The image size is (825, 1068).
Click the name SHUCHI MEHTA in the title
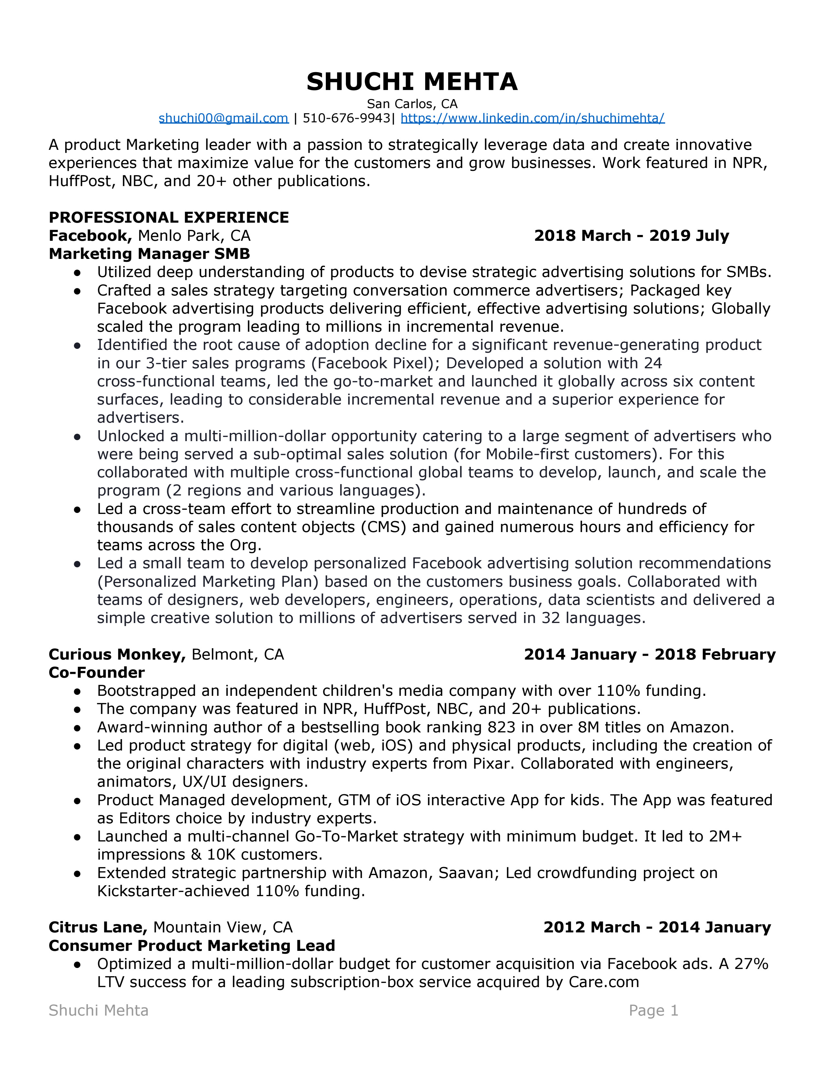(412, 82)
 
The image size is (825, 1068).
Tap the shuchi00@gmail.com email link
(223, 118)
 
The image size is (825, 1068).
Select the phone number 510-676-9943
(346, 118)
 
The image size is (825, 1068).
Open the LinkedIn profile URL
(532, 118)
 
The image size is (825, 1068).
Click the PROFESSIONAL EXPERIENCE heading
(169, 217)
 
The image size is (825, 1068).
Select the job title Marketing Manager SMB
(149, 254)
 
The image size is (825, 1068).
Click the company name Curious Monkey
(117, 654)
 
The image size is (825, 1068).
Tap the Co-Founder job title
(97, 673)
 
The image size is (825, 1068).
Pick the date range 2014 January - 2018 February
(650, 654)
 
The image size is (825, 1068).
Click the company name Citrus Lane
(98, 927)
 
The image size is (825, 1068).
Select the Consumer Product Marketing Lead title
(192, 945)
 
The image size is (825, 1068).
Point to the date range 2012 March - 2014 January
(657, 927)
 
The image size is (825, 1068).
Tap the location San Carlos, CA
(412, 104)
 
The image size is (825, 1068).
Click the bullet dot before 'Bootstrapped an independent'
(77, 691)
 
